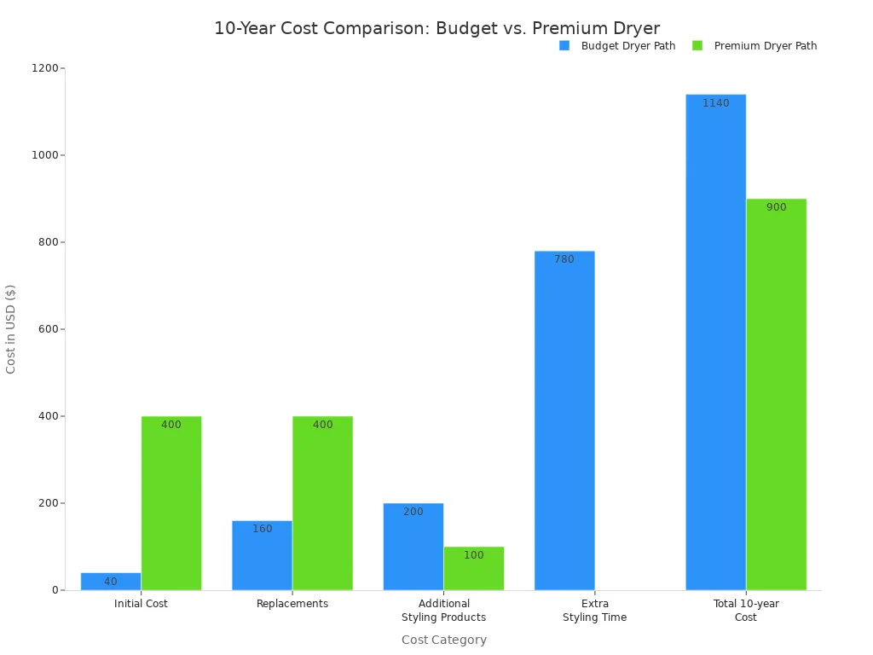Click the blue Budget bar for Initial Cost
[x=111, y=582]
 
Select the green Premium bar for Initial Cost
[x=171, y=503]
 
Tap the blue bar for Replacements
[x=262, y=555]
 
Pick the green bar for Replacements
[x=322, y=503]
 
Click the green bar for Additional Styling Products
[x=473, y=569]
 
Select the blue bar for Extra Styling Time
[x=564, y=420]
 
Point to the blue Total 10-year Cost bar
[x=715, y=342]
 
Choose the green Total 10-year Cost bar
[x=776, y=394]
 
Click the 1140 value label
[x=715, y=103]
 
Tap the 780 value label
[x=564, y=259]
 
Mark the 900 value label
[x=776, y=207]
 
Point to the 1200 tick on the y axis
[x=47, y=68]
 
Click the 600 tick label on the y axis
[x=47, y=329]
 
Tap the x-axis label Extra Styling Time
[x=594, y=611]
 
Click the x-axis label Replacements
[x=292, y=604]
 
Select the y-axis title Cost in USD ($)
[x=11, y=329]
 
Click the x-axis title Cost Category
[x=443, y=640]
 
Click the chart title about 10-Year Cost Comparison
[x=436, y=28]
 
